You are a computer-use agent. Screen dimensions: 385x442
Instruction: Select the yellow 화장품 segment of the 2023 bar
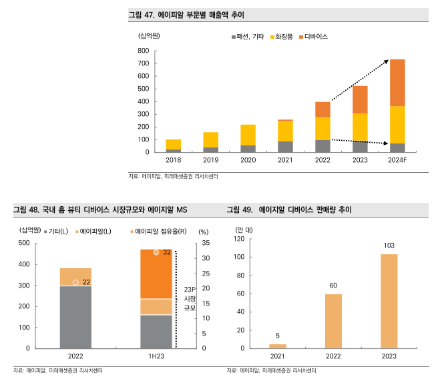[x=360, y=127]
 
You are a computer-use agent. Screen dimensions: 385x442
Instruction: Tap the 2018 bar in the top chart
[x=174, y=145]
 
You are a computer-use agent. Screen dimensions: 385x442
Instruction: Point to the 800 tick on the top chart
[x=142, y=51]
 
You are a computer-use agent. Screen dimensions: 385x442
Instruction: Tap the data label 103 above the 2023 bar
[x=389, y=246]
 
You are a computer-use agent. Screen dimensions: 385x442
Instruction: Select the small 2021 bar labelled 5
[x=278, y=346]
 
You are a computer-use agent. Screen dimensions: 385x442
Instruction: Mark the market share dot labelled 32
[x=156, y=252]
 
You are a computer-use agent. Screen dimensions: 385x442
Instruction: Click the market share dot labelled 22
[x=75, y=282]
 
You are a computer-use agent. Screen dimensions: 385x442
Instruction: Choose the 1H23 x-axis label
[x=156, y=357]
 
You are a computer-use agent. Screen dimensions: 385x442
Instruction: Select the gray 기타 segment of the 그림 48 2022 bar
[x=75, y=317]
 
